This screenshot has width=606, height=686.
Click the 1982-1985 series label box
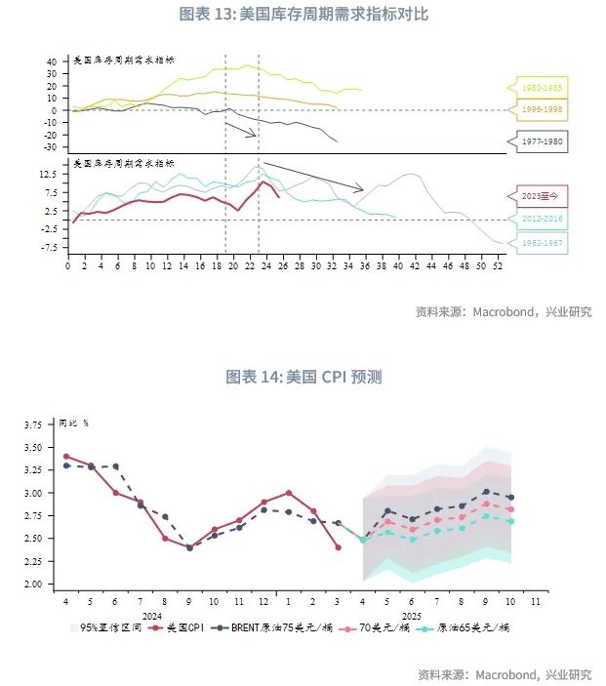543,87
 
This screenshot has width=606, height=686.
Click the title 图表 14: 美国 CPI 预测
303,376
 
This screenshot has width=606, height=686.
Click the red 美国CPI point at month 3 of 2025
338,547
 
